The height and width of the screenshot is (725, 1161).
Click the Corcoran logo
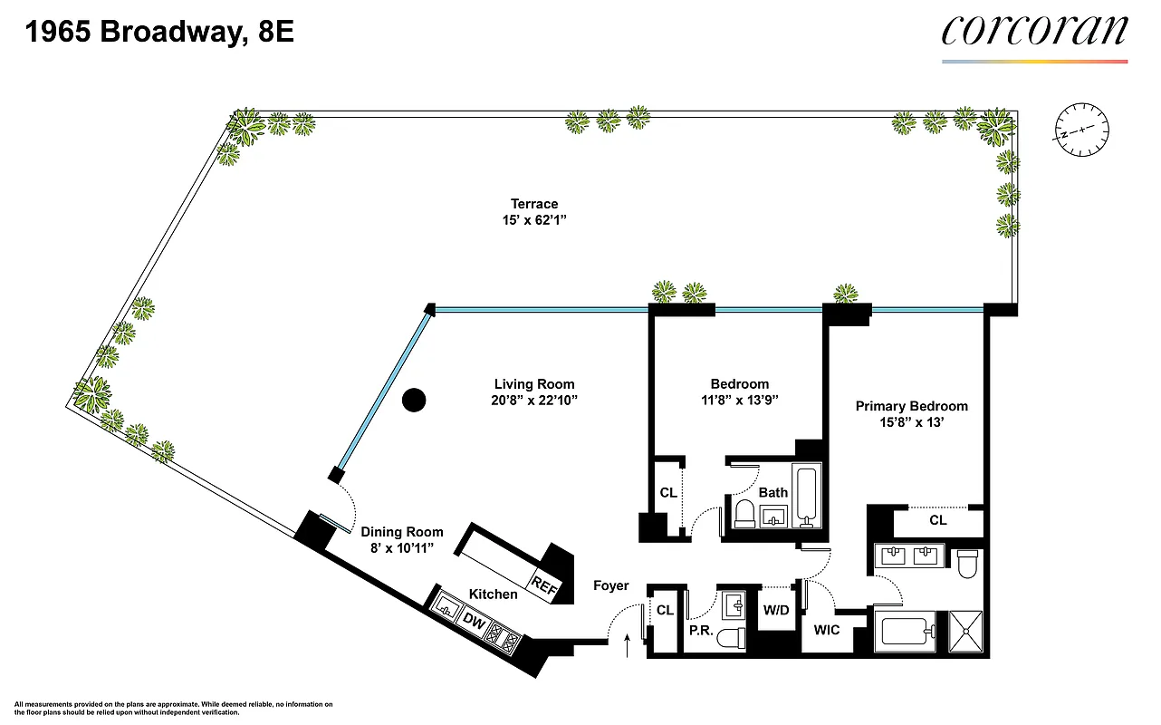[1034, 31]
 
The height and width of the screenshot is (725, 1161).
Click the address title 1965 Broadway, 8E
[159, 34]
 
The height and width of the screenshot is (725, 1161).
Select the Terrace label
[533, 204]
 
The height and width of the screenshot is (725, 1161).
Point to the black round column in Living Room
[414, 399]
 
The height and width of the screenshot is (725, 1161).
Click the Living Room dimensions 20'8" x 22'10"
[533, 400]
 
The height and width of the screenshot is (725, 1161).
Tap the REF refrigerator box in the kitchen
[545, 585]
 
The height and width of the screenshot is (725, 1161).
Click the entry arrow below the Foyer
[629, 645]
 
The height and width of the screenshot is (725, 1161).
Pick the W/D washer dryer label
[776, 610]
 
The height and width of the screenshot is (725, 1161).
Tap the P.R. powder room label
[699, 629]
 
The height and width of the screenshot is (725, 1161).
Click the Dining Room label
[402, 532]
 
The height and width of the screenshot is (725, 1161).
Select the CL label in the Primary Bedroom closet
[938, 520]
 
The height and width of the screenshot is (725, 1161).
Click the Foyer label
[611, 585]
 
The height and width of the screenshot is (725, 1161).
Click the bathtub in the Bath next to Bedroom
[805, 497]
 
